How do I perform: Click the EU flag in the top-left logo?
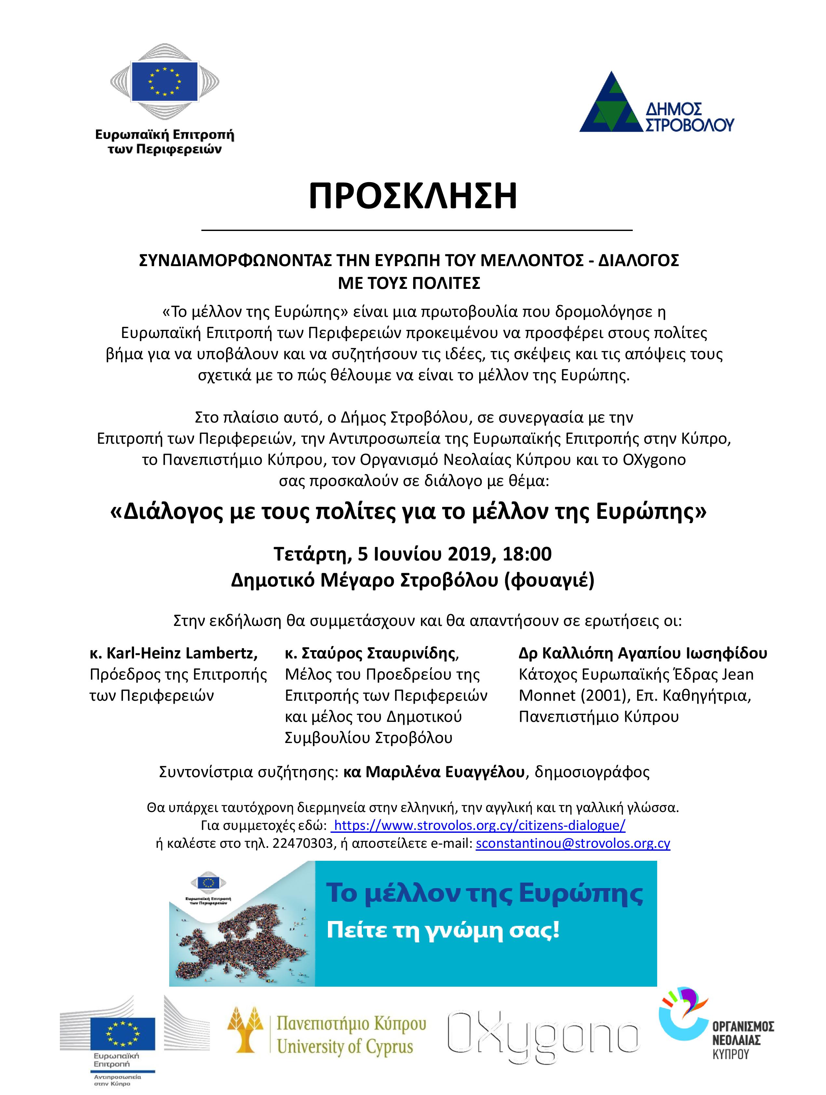164,80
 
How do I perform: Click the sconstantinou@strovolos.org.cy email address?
573,844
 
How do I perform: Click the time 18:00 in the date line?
527,553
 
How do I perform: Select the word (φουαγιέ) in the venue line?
548,580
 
